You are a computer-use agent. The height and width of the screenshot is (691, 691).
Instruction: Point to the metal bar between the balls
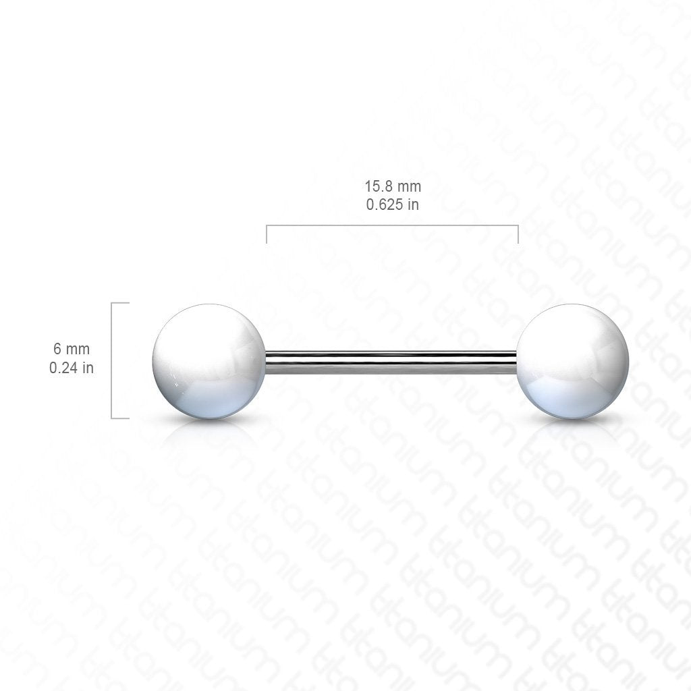[x=391, y=362]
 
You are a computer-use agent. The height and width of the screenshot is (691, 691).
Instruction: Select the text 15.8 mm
[x=393, y=186]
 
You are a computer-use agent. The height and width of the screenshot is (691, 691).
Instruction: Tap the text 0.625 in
[x=393, y=204]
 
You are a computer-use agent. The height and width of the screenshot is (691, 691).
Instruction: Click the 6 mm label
[x=72, y=349]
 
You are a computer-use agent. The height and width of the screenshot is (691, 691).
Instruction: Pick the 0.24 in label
[x=72, y=368]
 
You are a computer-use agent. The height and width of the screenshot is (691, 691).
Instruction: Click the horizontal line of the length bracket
[x=392, y=225]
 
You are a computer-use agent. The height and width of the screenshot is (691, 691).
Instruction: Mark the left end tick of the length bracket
[x=267, y=234]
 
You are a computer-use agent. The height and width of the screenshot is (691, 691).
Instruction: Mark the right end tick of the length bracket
[x=518, y=234]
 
